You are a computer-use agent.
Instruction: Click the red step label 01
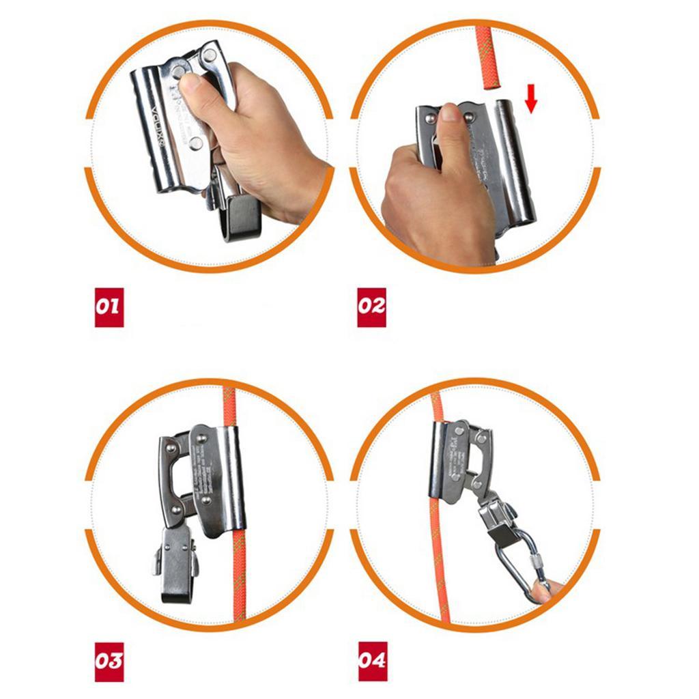coord(109,305)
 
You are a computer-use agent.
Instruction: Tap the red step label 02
coord(372,305)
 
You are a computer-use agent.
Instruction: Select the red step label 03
coord(109,661)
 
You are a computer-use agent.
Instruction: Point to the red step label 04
coord(372,661)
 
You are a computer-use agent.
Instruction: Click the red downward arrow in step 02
coord(531,102)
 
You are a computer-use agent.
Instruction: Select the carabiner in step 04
coord(515,564)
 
